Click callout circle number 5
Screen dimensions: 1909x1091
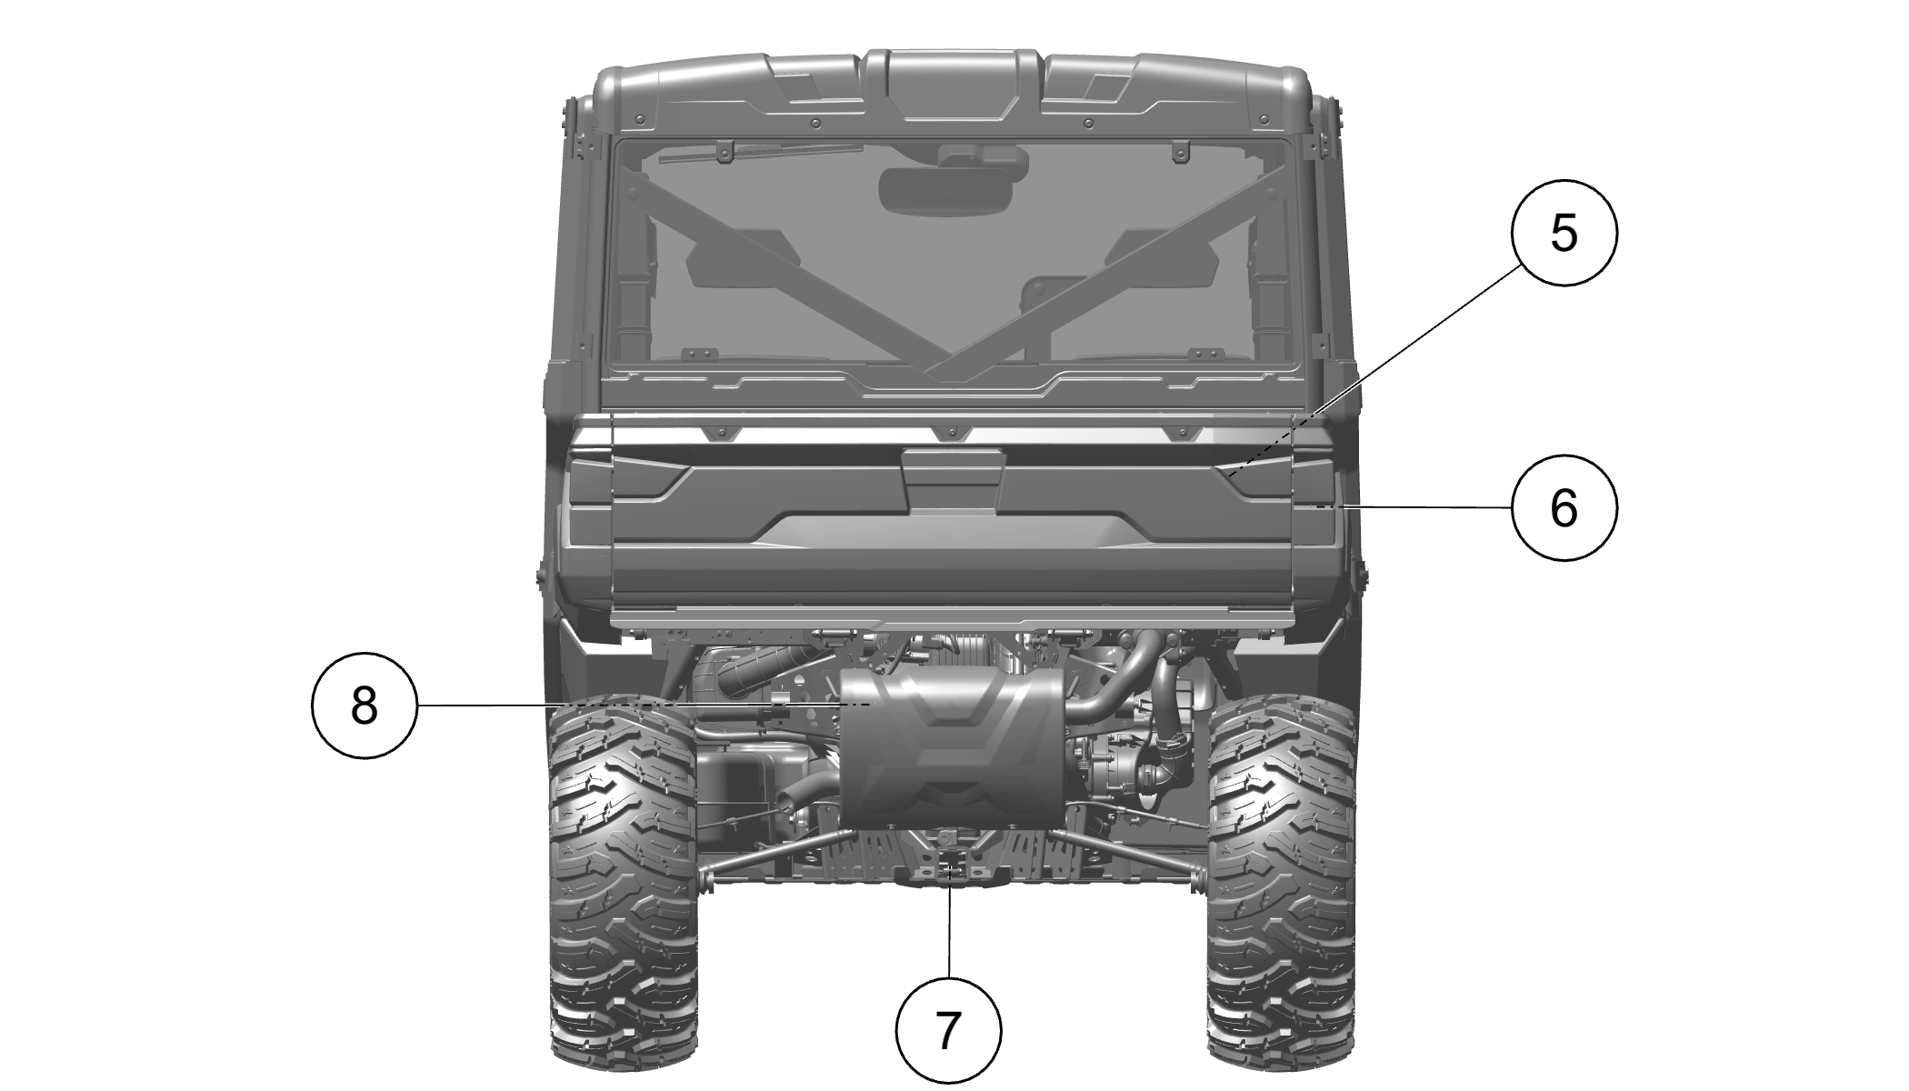point(1564,233)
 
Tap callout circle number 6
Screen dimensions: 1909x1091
point(1564,507)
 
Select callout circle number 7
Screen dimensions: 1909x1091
point(948,1031)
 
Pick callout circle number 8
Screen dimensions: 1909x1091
point(364,705)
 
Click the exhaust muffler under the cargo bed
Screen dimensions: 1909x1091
point(951,749)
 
